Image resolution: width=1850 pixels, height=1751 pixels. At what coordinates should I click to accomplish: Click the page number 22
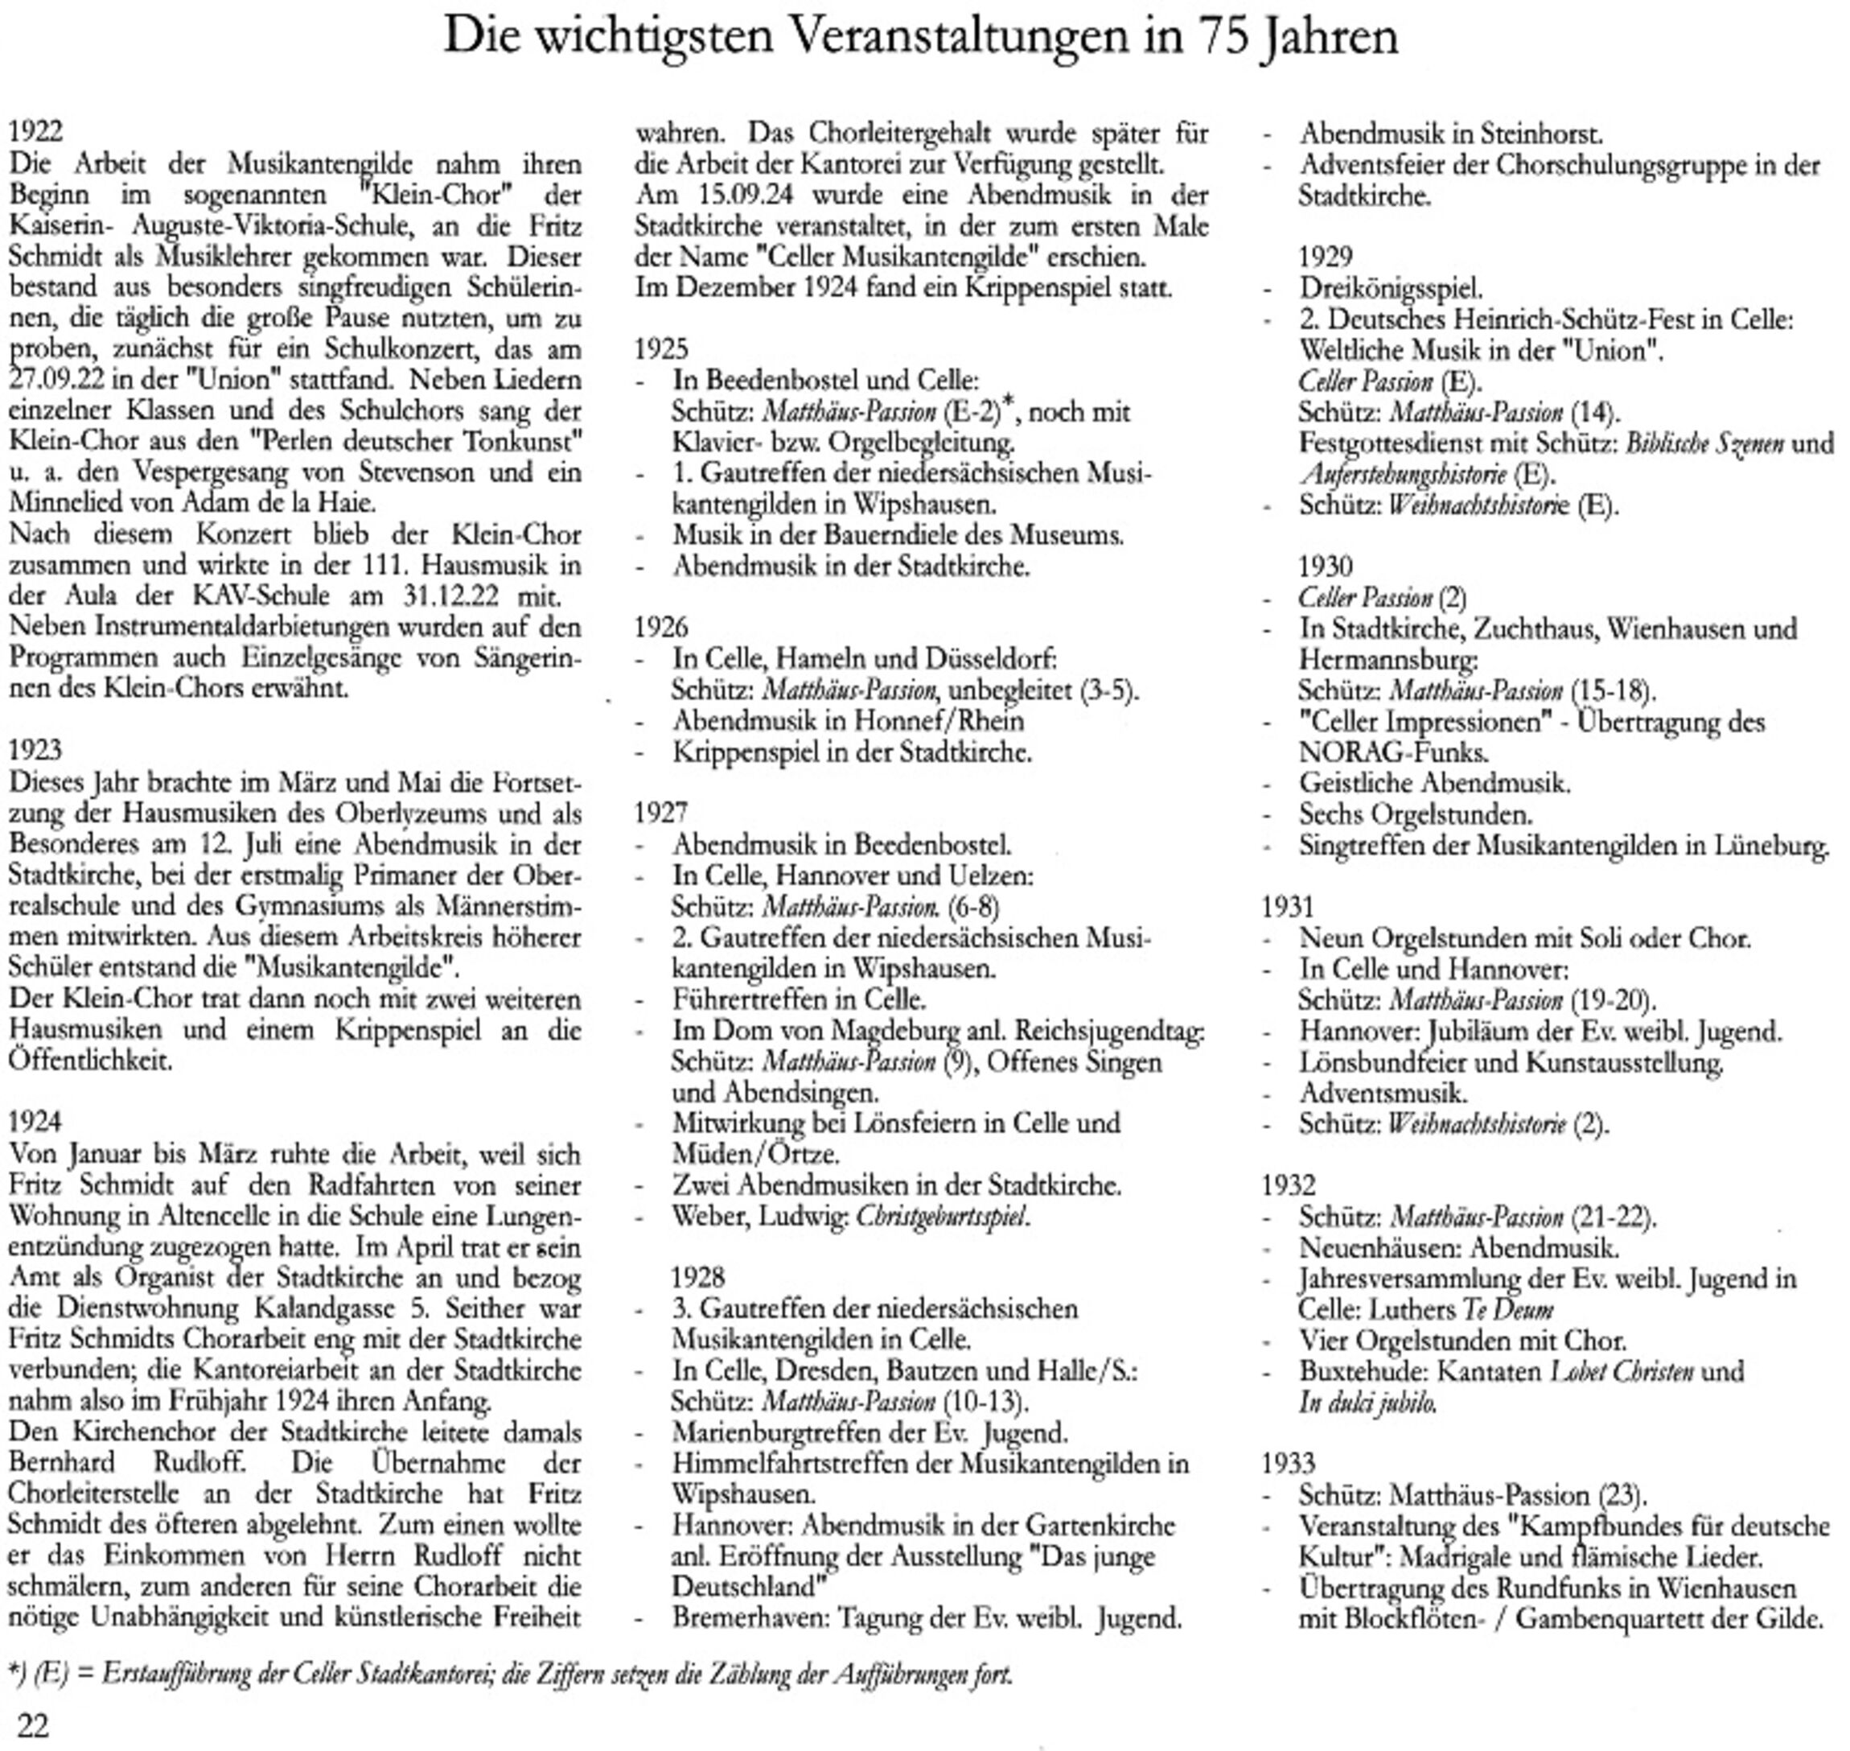point(33,1725)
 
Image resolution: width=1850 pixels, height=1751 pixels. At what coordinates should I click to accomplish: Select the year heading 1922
point(35,132)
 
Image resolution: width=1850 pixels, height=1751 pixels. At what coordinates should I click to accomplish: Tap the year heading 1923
point(35,751)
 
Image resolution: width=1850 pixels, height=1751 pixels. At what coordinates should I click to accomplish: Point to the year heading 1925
point(660,349)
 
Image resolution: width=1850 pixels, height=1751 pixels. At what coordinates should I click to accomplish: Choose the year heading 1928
point(697,1277)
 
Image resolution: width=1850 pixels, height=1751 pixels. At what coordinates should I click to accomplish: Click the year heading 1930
point(1325,566)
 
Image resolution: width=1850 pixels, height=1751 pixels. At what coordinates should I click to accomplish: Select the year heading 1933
point(1288,1463)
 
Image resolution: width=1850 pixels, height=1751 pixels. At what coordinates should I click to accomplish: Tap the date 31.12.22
point(451,596)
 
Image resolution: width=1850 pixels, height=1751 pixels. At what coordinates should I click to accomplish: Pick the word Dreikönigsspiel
point(1390,288)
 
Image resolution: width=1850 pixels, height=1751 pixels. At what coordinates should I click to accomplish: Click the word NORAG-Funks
point(1393,752)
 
